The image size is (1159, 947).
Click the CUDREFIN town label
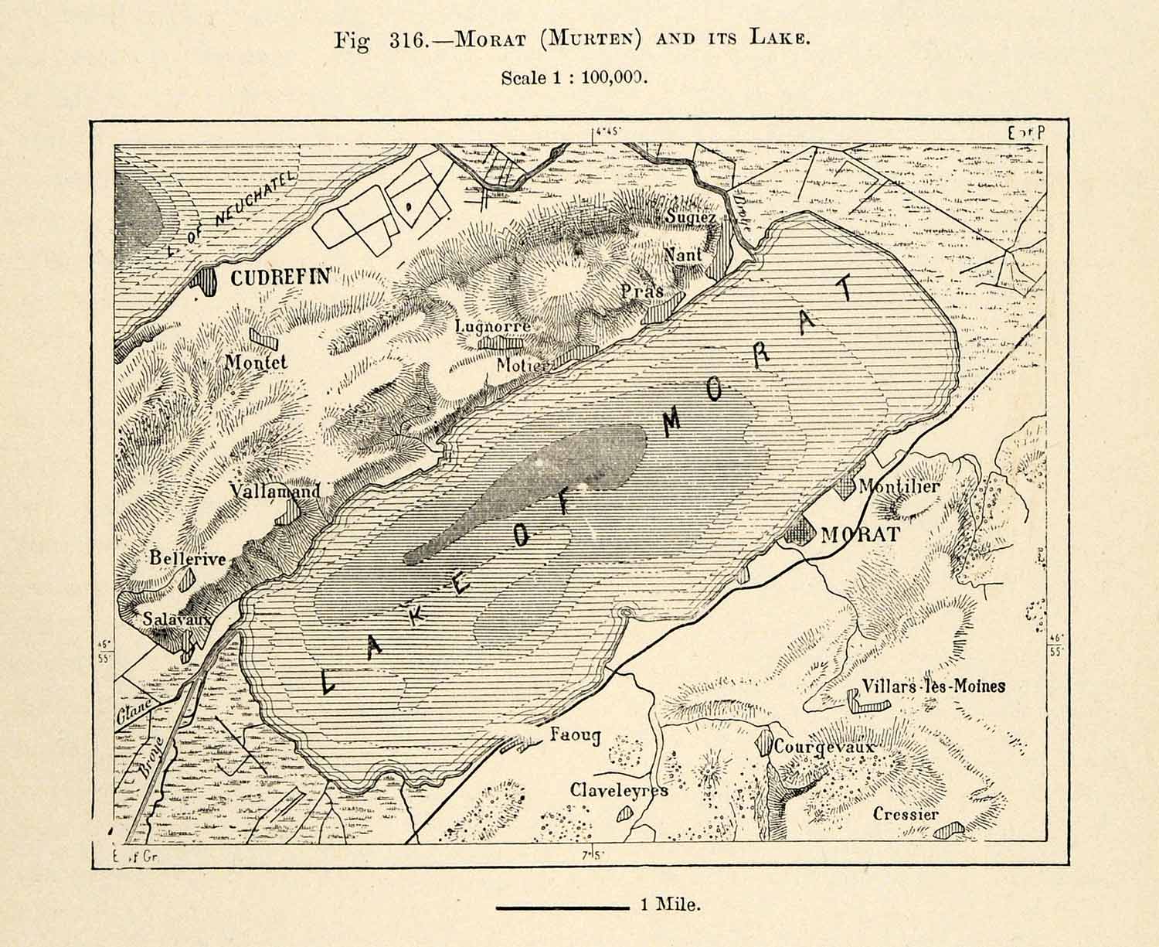280,278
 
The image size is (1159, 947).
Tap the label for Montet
256,362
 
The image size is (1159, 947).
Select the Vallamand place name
274,491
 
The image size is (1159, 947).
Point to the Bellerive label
188,558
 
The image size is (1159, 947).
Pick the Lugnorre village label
493,326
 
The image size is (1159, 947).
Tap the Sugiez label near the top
691,217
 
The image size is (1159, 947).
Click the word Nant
683,254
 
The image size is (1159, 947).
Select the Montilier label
899,487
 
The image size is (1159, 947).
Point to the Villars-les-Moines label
934,685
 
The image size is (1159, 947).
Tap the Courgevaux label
824,748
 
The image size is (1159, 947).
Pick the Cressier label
906,814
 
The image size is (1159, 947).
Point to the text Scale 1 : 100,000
573,78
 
